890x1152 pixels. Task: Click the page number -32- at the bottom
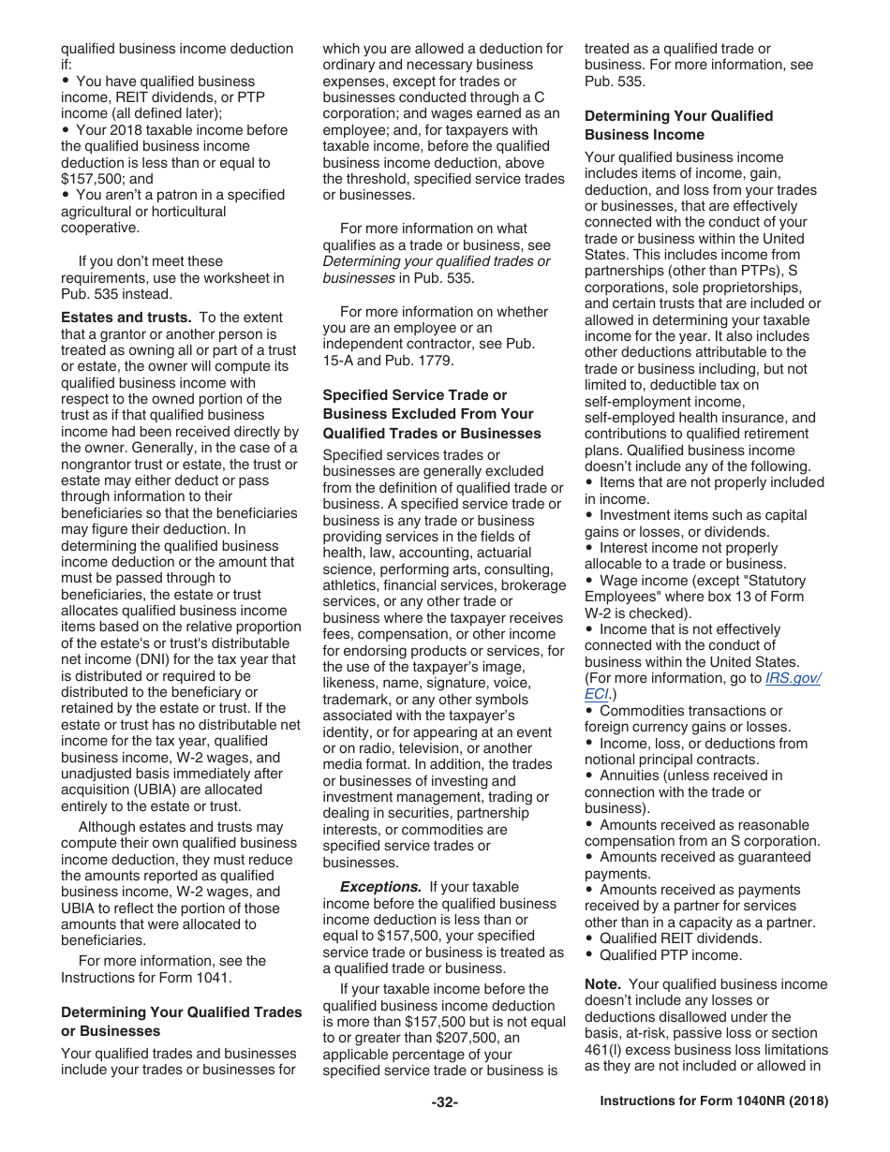click(x=444, y=1102)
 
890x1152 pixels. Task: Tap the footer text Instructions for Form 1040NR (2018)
click(x=714, y=1102)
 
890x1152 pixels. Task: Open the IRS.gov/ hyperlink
click(x=793, y=678)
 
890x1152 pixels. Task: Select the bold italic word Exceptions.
click(x=380, y=887)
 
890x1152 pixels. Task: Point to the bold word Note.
click(x=602, y=984)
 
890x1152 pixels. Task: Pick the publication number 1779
click(x=432, y=361)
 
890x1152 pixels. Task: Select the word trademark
click(x=355, y=700)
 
